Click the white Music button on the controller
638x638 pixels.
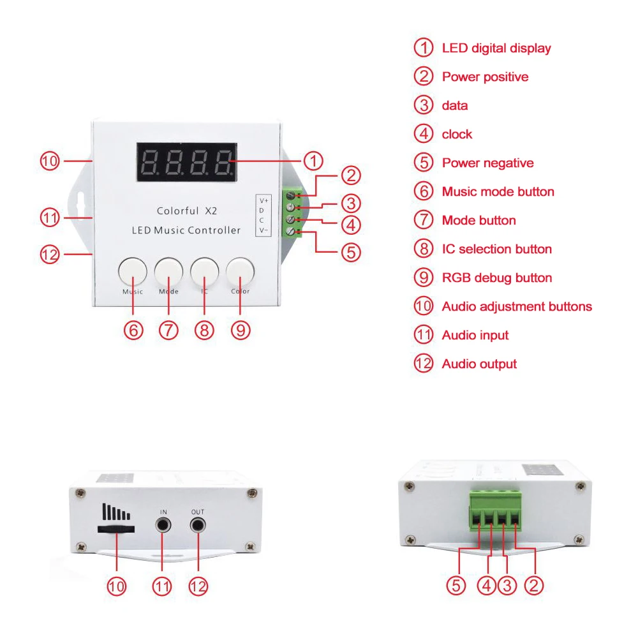[x=133, y=271]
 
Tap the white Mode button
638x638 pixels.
[x=168, y=271]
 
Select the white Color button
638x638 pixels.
[x=240, y=271]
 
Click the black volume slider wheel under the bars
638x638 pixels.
[x=115, y=530]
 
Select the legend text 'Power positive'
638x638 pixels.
[x=485, y=77]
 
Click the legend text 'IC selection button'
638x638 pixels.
[x=496, y=249]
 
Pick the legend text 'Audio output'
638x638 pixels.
[x=479, y=364]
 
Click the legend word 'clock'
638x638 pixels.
[x=457, y=134]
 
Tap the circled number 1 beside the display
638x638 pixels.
[x=313, y=160]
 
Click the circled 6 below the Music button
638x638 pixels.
[x=133, y=330]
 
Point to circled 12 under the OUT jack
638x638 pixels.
[x=198, y=586]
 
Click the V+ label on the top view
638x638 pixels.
[x=263, y=201]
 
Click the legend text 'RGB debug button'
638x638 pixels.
[x=497, y=278]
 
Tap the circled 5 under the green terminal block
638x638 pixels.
[x=456, y=586]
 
